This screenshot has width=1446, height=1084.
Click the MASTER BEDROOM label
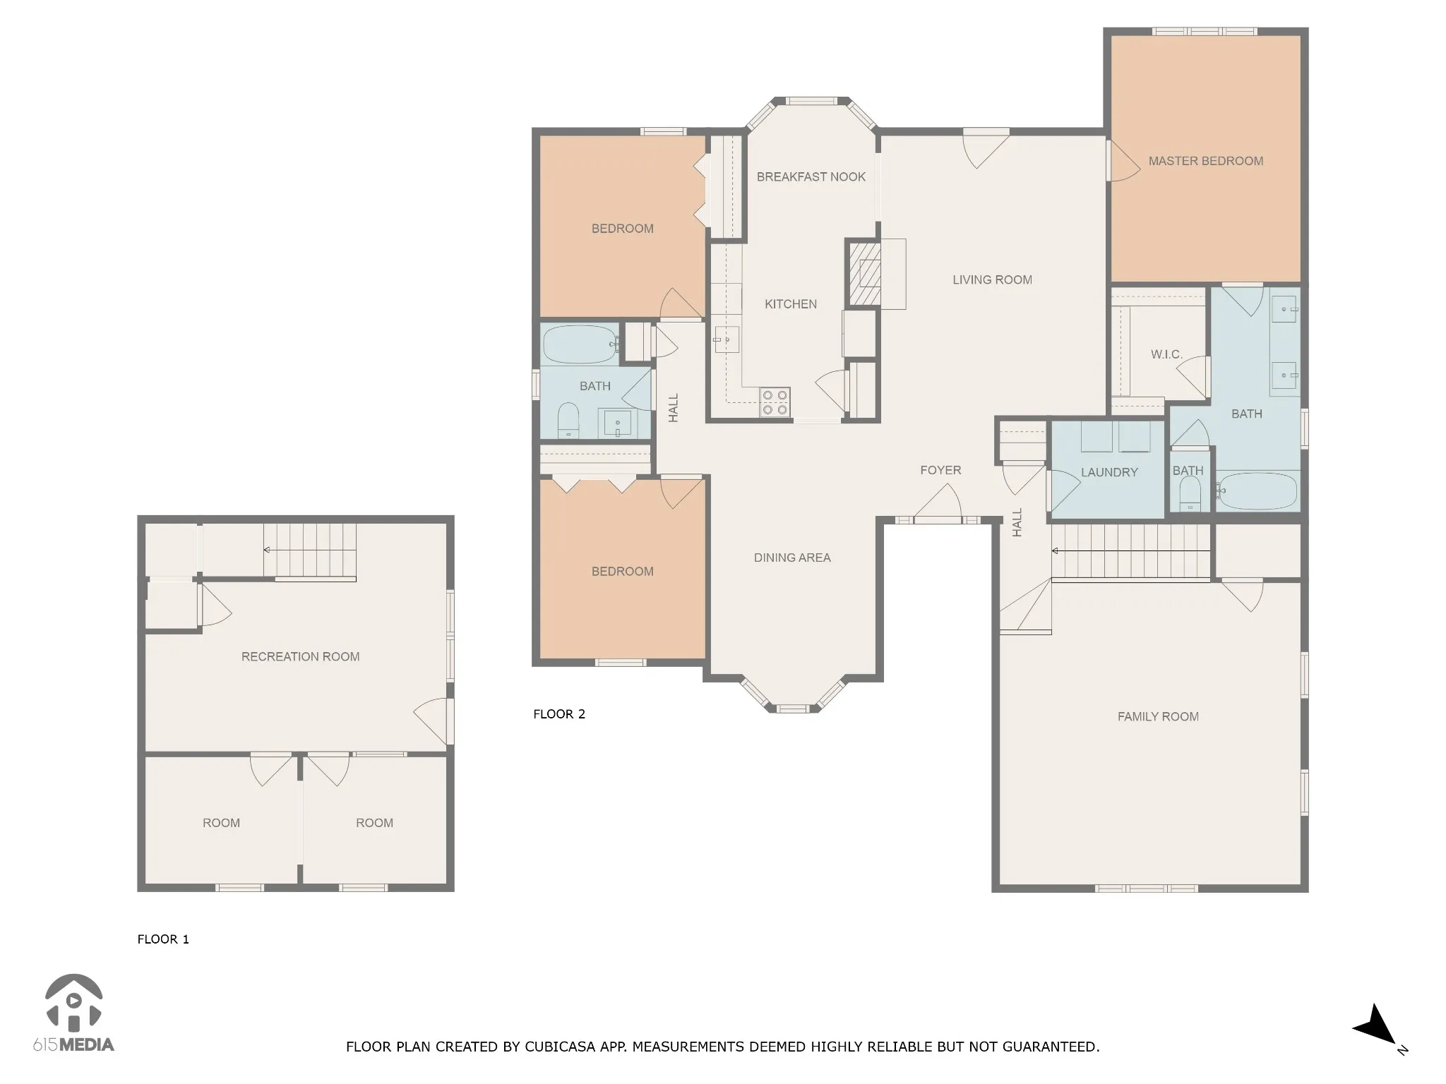pos(1205,161)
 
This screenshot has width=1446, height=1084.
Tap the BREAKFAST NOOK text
pos(811,177)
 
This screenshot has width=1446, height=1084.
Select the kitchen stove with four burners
pos(775,402)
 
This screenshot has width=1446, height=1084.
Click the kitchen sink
pos(726,339)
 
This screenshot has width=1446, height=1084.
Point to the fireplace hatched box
pos(864,274)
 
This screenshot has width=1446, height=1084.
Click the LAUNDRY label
pos(1109,473)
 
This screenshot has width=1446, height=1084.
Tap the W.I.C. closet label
pos(1166,354)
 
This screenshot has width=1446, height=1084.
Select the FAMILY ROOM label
pos(1158,717)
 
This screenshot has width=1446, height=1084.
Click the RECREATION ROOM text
pos(300,657)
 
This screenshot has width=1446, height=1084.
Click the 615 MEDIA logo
pos(73,1013)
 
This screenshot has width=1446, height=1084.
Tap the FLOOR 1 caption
pos(163,939)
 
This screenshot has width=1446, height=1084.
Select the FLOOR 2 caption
pos(559,714)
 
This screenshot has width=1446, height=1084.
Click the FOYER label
pos(940,471)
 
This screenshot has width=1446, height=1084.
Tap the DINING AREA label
pos(792,558)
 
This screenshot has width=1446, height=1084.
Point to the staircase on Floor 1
pos(310,550)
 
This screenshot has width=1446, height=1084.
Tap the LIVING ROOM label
pos(992,280)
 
